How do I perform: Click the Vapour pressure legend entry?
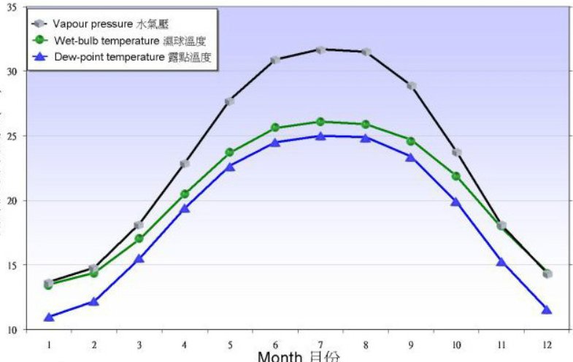tap(109, 24)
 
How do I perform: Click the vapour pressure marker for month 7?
tap(320, 50)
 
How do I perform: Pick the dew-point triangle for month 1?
tap(49, 317)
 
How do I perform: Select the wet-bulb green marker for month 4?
tap(185, 194)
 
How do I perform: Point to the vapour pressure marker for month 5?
tap(229, 101)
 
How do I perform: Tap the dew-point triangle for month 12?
tap(547, 309)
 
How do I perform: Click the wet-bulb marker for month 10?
tap(456, 176)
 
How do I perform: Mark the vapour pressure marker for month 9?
tap(412, 85)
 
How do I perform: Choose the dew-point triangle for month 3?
tap(139, 258)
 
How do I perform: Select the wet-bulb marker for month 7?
tap(320, 122)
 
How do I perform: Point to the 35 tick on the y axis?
tap(12, 7)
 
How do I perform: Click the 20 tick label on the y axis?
tap(12, 201)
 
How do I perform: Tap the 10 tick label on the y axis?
tap(12, 330)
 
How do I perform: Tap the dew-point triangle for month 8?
tap(366, 136)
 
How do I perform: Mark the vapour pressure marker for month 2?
tap(93, 269)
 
